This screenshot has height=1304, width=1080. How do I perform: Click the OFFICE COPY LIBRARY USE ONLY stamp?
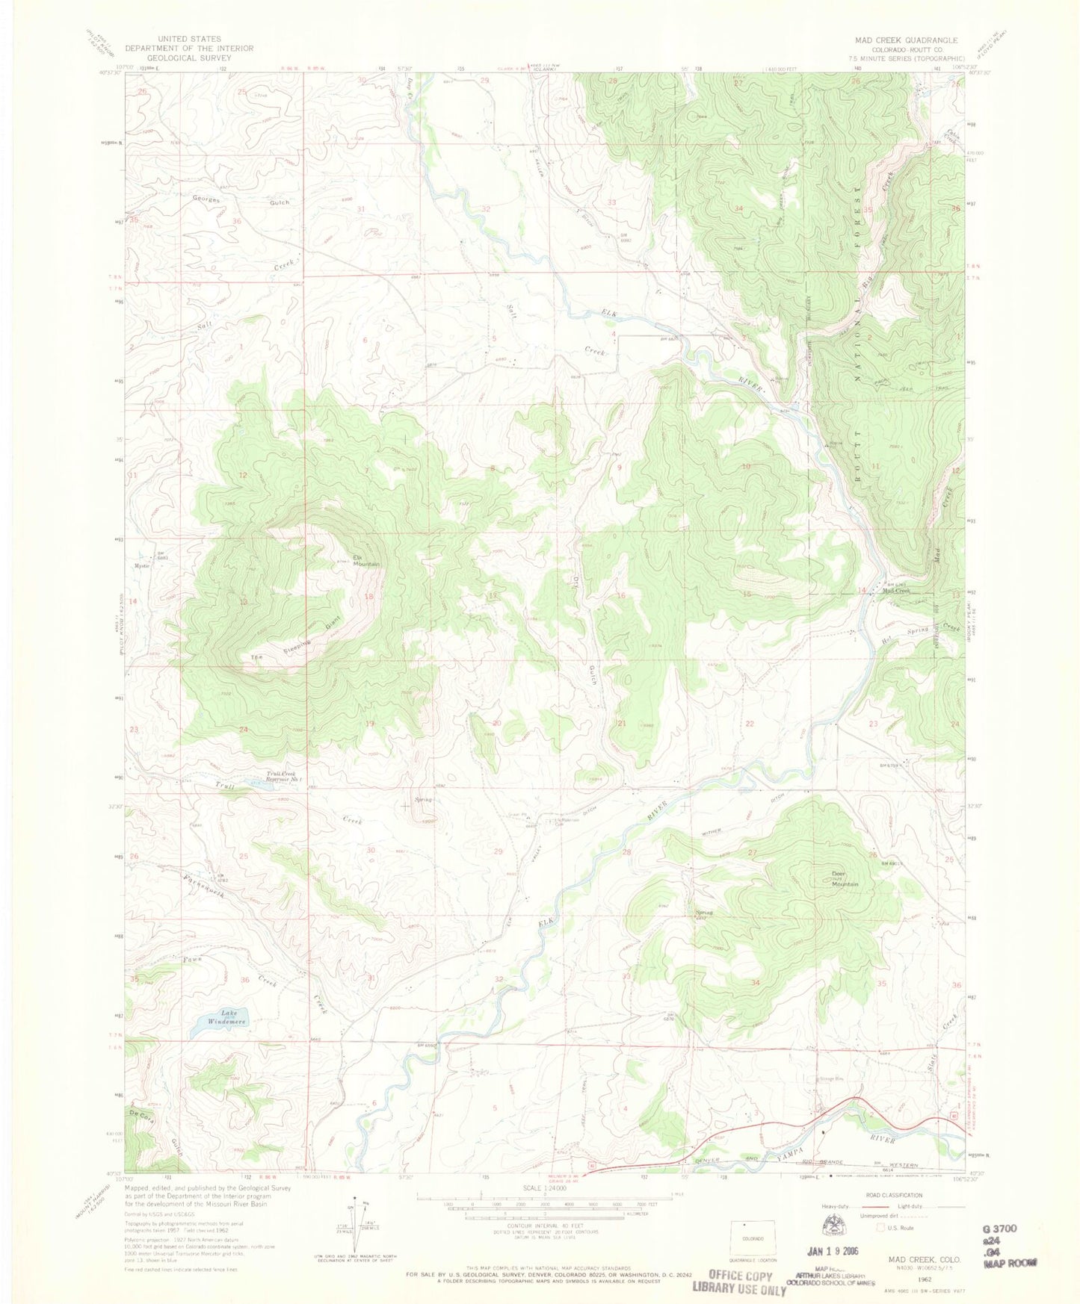point(739,1282)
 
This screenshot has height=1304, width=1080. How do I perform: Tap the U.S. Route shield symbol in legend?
point(881,1227)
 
